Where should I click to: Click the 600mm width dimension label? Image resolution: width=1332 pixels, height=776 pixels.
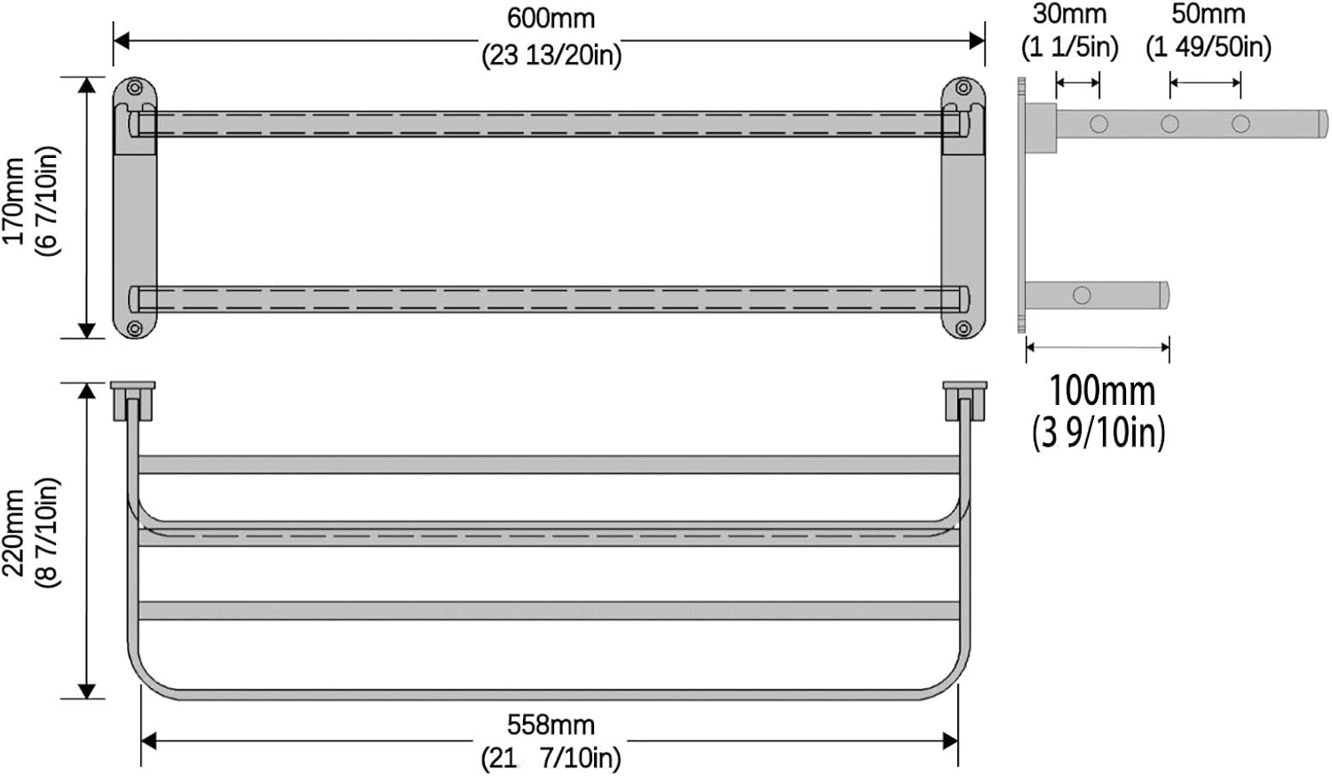(551, 18)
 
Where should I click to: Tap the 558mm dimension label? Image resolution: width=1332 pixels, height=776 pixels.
(551, 725)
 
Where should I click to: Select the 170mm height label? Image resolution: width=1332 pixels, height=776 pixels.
(14, 202)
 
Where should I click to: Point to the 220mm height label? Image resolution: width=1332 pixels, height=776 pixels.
(14, 533)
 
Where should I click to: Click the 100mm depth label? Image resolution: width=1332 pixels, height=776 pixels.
(1102, 391)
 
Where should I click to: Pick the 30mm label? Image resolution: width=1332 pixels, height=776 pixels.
(1069, 14)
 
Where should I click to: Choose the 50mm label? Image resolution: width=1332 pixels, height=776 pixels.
(1208, 14)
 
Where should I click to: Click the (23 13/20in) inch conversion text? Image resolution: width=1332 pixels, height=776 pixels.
(551, 55)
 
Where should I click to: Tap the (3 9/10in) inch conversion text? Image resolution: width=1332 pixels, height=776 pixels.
(1098, 432)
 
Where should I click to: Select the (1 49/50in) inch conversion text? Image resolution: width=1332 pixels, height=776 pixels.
(1208, 46)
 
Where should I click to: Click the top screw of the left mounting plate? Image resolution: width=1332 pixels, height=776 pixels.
(135, 88)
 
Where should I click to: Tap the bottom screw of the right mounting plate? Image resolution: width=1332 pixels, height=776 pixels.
(963, 329)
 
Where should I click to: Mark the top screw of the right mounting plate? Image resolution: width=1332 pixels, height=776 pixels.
(963, 88)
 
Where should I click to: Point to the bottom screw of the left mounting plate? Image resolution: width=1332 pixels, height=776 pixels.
(135, 329)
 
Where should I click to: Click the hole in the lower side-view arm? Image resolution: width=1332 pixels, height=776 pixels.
(1082, 295)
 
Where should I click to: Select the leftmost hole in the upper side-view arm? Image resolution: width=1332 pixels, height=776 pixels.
(1099, 124)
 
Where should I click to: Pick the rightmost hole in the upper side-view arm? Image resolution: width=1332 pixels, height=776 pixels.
(1241, 124)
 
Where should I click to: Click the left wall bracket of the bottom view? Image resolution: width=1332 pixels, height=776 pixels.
(132, 400)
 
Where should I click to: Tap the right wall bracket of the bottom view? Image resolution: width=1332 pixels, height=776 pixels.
(965, 400)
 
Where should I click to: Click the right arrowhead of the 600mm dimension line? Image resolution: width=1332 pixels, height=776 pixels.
(977, 40)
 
